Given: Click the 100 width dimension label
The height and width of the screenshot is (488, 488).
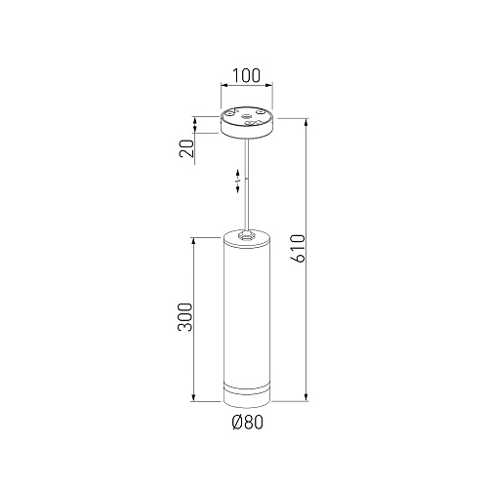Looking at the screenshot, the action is (246, 75).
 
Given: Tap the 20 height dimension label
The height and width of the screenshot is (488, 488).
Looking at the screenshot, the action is (186, 148).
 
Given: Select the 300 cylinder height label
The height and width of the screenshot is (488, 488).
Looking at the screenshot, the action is (185, 317).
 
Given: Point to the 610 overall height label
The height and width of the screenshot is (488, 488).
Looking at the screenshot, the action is (299, 248).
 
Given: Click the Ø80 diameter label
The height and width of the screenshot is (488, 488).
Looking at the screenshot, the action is (248, 423).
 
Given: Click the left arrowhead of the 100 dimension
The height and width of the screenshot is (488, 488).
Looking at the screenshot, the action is (224, 85).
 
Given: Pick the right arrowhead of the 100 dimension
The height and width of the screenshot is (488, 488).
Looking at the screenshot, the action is (269, 85).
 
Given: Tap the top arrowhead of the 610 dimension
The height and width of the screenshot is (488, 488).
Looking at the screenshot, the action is (305, 122).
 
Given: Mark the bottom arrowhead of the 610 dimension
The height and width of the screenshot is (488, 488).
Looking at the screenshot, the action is (305, 397).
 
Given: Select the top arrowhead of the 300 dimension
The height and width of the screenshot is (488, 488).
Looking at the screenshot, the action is (194, 241).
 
